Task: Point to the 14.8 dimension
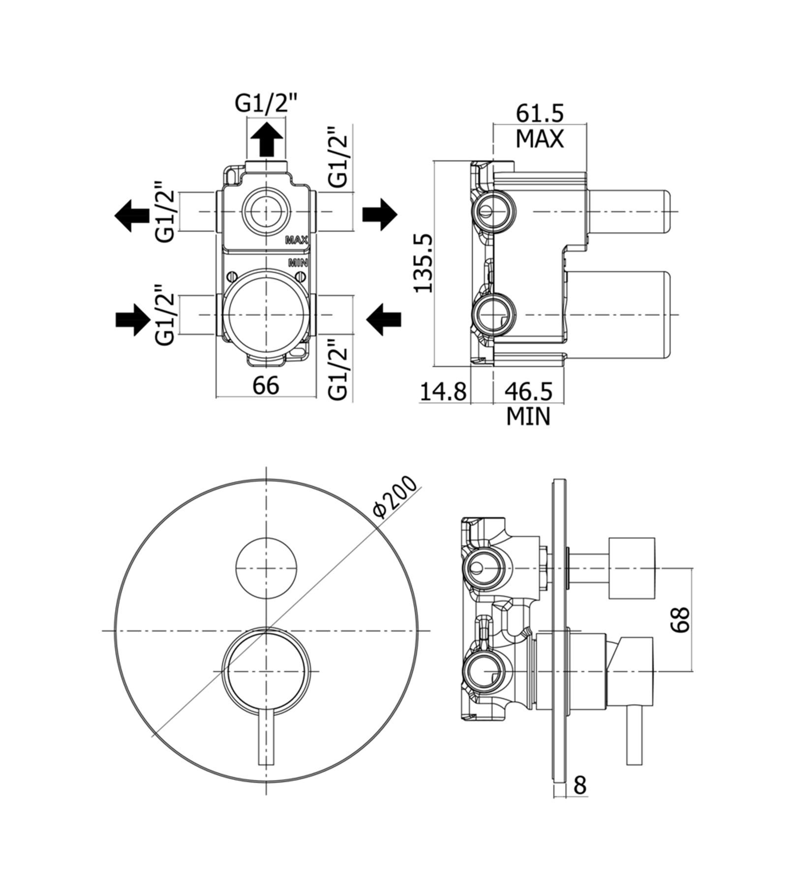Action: point(443,391)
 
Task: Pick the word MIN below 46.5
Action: point(529,417)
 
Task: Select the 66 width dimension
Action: point(266,386)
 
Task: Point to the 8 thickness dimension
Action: point(580,785)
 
